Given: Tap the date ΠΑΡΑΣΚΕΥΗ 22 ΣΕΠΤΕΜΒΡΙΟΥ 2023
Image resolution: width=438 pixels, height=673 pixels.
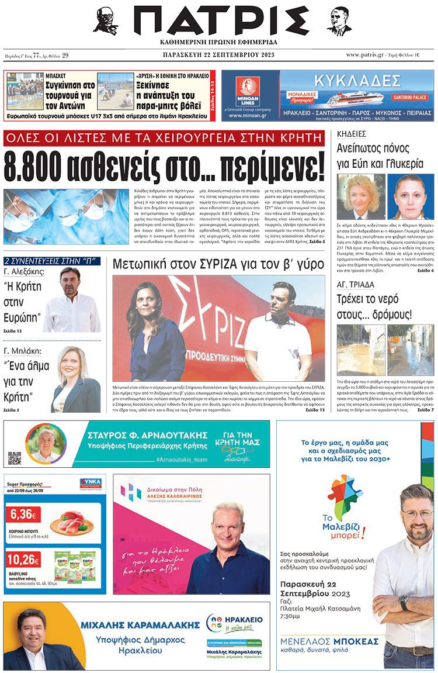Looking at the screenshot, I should coord(219,55).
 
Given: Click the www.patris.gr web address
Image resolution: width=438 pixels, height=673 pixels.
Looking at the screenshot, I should coord(369,55).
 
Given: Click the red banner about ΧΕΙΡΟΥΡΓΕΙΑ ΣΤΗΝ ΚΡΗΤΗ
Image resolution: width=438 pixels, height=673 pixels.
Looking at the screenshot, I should coord(164,139).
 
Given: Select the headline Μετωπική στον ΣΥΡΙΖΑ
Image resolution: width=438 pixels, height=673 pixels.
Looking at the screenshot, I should coord(218,264).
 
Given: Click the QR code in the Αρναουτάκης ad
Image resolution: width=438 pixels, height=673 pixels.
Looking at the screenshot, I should coord(15,458).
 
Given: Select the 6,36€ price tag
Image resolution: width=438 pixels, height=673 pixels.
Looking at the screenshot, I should coord(23,515).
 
